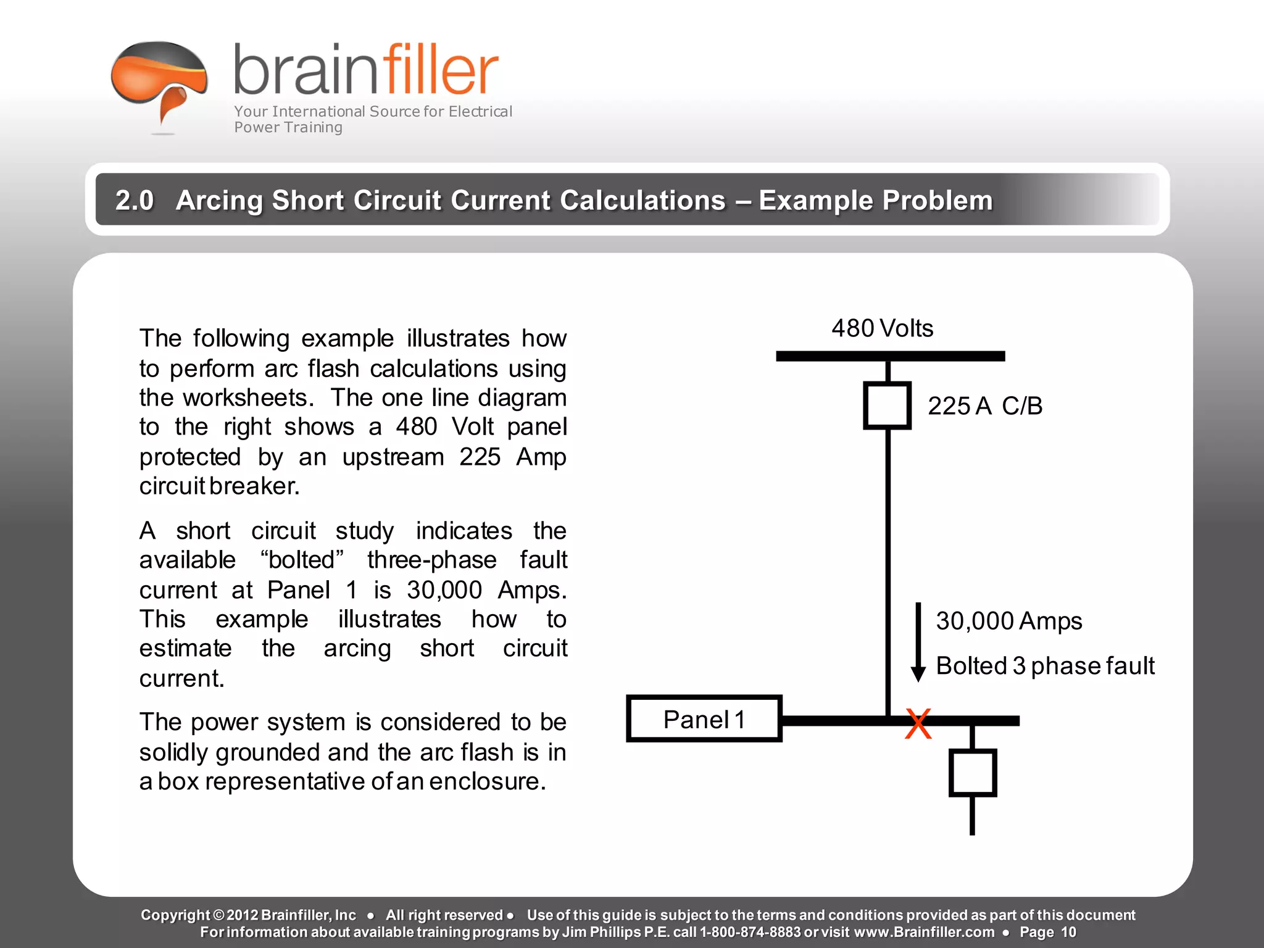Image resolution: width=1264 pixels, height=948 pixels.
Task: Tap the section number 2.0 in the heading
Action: coord(135,201)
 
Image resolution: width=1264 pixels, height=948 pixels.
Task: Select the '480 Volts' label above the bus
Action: coord(882,328)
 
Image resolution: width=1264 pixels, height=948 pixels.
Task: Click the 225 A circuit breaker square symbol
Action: coord(888,405)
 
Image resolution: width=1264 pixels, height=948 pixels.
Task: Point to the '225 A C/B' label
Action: coord(984,406)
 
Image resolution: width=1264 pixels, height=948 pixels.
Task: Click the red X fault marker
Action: coord(918,724)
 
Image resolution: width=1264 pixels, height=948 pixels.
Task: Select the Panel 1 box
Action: coord(704,719)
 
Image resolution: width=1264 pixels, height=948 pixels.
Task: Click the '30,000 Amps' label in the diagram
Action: coord(1008,621)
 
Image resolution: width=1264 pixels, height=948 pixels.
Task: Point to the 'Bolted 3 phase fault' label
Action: coord(1045,666)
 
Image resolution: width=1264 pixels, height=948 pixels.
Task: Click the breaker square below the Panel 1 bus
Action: coord(972,773)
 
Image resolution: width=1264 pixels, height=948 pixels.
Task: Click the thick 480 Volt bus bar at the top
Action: coord(890,356)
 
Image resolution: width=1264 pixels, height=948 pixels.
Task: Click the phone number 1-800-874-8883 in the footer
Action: coord(750,932)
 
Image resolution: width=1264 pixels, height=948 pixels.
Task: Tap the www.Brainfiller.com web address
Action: coord(924,932)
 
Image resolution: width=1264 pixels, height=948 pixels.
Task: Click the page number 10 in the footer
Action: coord(1068,932)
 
